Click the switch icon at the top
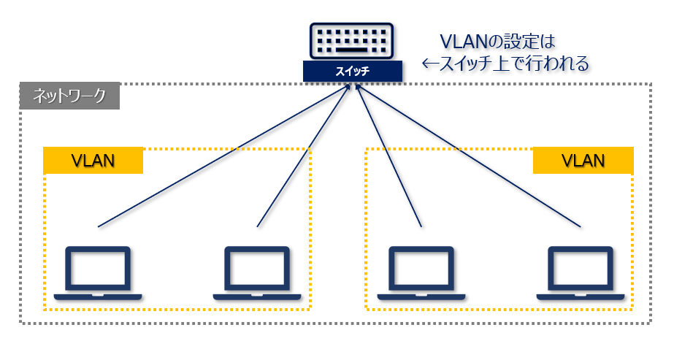353,42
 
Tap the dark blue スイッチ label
353,72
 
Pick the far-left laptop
98,273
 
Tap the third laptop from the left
421,273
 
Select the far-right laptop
581,273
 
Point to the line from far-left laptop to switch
219,157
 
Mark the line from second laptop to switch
303,157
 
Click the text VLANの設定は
492,42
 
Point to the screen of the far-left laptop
98,267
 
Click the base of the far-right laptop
581,296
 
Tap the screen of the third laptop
421,267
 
